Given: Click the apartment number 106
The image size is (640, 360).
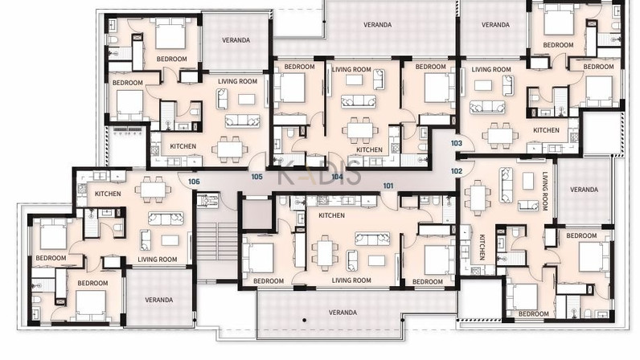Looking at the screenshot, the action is click(x=194, y=182).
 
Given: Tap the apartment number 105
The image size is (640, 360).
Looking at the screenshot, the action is click(x=256, y=177).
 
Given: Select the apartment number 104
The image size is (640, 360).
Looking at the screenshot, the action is click(x=337, y=177).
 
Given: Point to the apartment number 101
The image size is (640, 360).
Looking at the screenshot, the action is click(x=388, y=186).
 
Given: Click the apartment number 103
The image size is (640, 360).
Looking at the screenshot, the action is click(x=457, y=143).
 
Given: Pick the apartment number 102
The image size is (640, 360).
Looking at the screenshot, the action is click(x=457, y=171).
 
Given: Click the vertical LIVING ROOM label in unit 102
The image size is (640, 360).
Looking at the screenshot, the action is click(x=544, y=191).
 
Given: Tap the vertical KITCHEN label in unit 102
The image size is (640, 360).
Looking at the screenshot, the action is click(x=482, y=247).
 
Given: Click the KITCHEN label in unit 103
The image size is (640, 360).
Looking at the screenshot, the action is click(x=546, y=130).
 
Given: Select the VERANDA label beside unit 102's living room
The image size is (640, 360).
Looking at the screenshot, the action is click(x=584, y=190).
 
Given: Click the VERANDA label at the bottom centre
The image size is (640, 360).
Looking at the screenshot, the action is click(x=343, y=313).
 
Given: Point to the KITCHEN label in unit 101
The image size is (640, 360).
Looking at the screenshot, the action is click(x=331, y=215).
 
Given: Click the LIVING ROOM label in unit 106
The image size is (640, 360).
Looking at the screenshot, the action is click(x=157, y=260).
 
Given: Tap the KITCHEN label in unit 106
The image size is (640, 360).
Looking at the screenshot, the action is click(x=108, y=194).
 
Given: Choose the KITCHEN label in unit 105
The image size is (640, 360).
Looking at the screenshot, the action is click(x=183, y=146).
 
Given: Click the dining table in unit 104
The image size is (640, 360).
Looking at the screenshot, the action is click(x=360, y=131).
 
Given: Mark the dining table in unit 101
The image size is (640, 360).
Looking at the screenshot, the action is click(x=325, y=253).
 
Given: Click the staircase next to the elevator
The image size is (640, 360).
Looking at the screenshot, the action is click(x=217, y=241).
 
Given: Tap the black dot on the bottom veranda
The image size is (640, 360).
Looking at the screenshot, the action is click(x=304, y=321).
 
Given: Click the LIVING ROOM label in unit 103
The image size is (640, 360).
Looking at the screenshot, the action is click(x=491, y=69).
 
